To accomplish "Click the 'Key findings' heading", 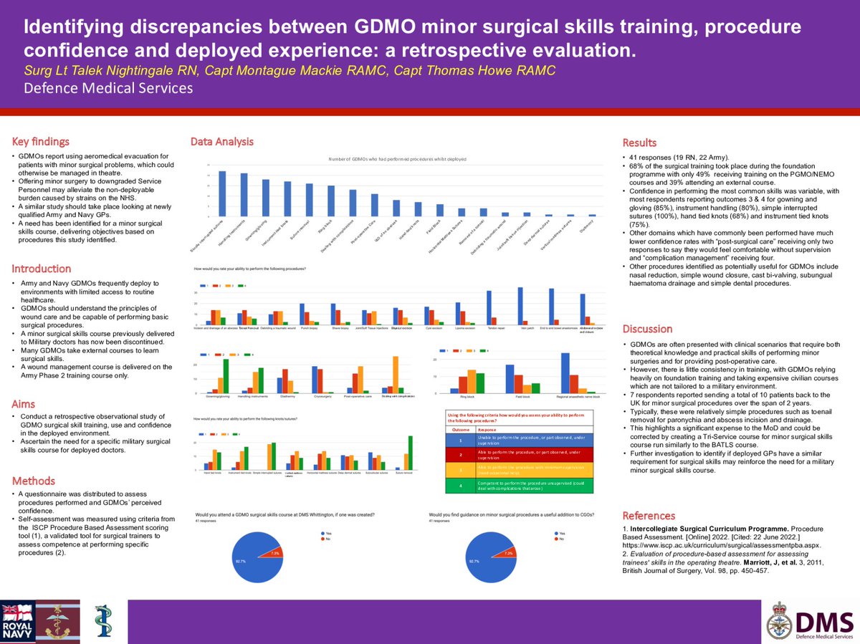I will click(x=41, y=142).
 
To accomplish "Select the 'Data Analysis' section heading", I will click(x=221, y=142).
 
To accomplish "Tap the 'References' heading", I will click(x=649, y=515).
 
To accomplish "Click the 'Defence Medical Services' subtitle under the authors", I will click(x=108, y=88).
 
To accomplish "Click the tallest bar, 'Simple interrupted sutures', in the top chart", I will click(x=222, y=193).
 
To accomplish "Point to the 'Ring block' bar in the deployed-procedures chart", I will click(x=331, y=201).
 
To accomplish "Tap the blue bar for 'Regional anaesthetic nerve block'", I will click(x=565, y=373).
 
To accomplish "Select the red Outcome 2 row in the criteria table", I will click(x=522, y=454).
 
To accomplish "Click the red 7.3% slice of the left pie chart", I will click(x=274, y=553).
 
